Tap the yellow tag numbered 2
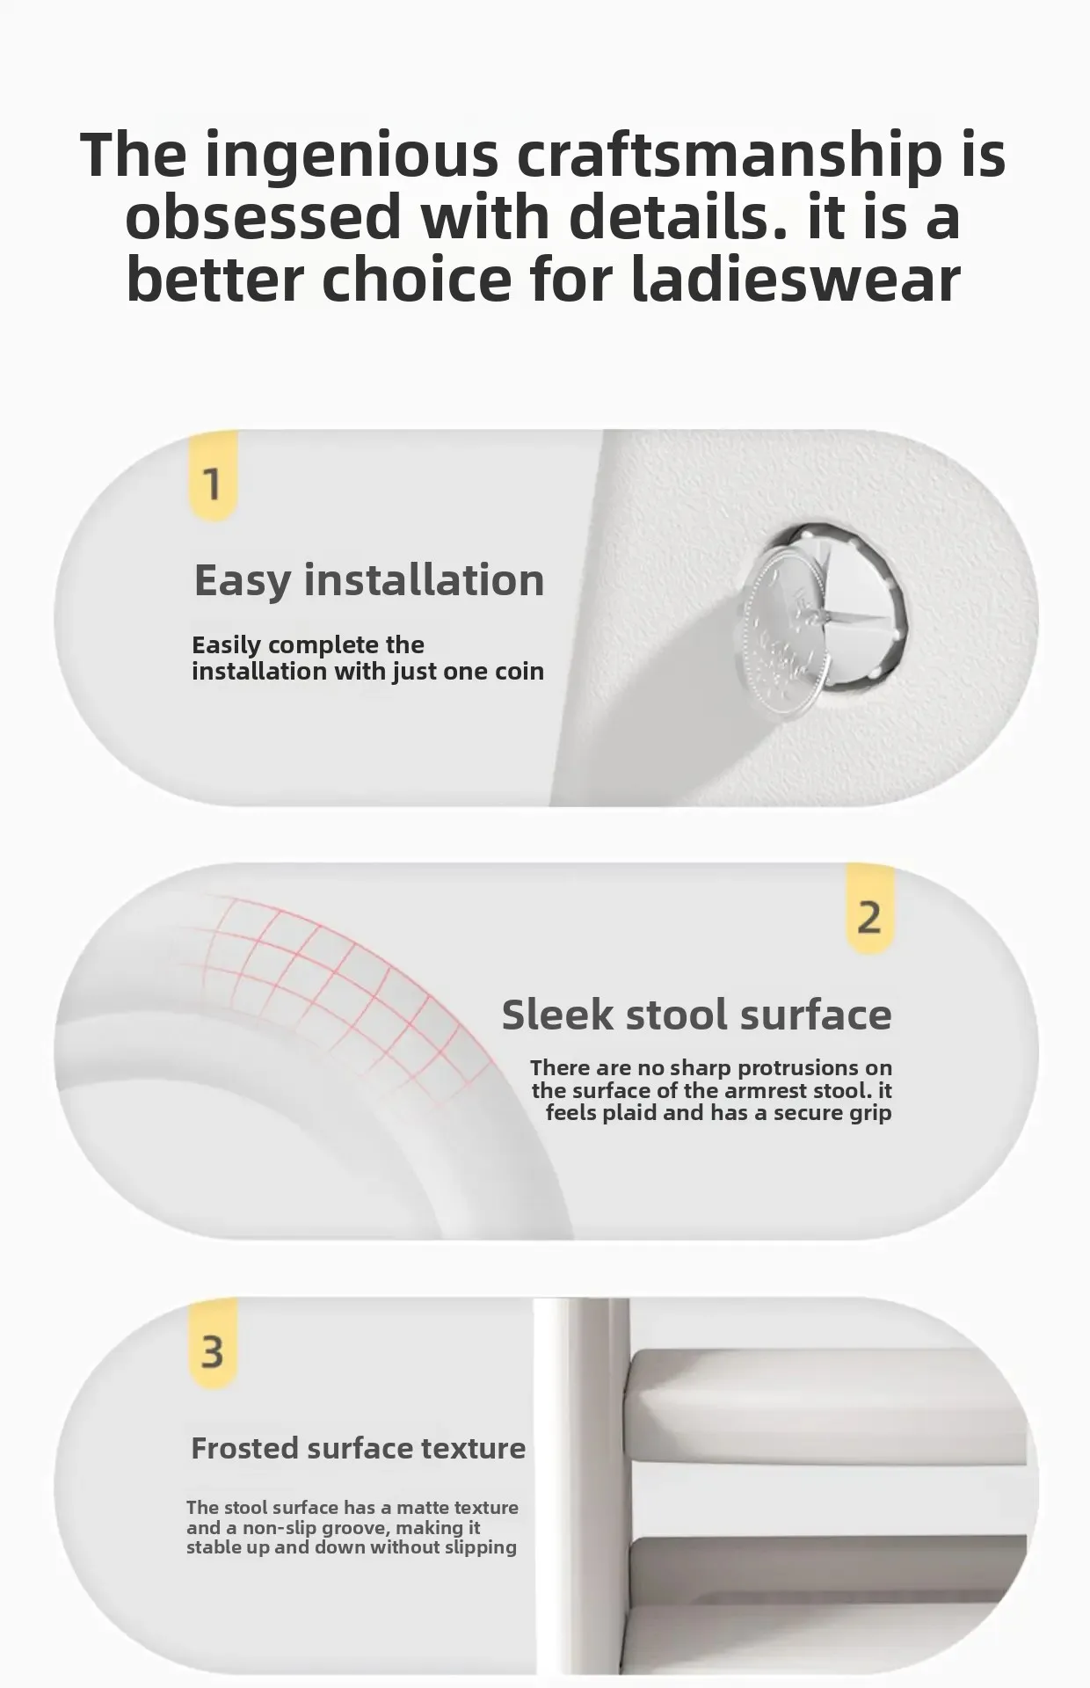click(x=869, y=910)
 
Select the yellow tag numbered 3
click(x=214, y=1345)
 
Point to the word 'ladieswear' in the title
click(x=796, y=279)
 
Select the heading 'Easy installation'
click(x=369, y=581)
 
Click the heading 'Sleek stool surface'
click(x=697, y=1015)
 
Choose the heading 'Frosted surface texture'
click(x=358, y=1448)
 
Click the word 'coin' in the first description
click(x=520, y=671)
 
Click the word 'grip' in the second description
click(x=872, y=1114)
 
